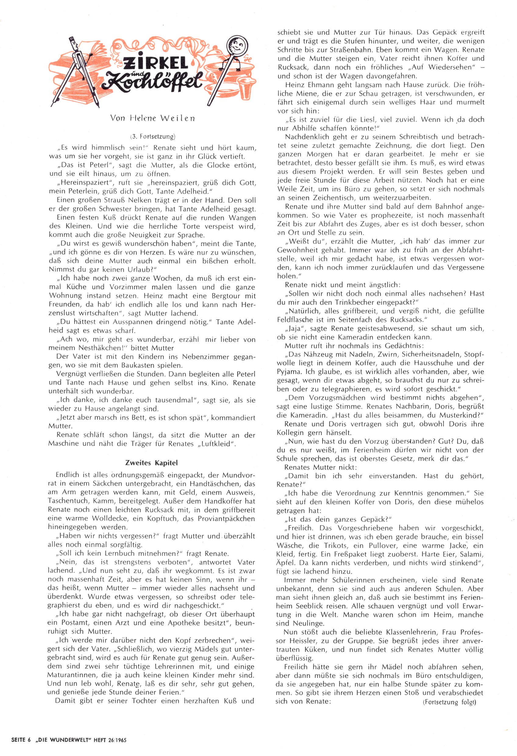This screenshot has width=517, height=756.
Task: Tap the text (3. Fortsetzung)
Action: pyautogui.click(x=153, y=137)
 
